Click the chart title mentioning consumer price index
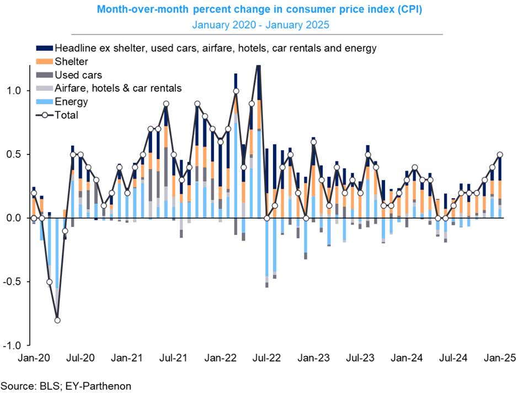pos(259,9)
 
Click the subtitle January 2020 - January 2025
pos(259,24)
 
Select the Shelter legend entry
pos(71,61)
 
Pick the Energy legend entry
pos(71,102)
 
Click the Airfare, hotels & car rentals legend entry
pos(117,88)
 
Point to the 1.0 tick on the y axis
pos(14,91)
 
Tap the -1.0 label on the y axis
pos(13,346)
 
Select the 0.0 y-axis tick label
pos(14,218)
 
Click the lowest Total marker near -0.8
pos(57,320)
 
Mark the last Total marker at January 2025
pos(500,155)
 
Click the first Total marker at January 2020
pos(34,193)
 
